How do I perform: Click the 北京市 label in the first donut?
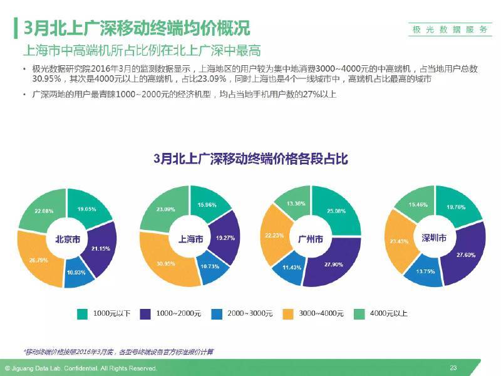point(67,239)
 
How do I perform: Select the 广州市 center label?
point(311,239)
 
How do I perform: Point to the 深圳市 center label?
point(434,238)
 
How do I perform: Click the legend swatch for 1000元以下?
point(82,313)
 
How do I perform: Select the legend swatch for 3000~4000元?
point(289,313)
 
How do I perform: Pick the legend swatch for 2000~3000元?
point(217,313)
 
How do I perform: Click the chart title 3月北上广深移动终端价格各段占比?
point(250,159)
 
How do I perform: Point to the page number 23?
point(453,367)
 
